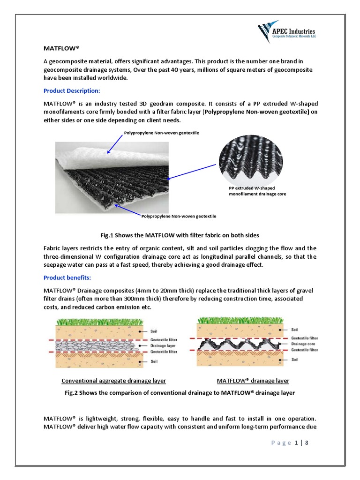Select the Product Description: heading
click(x=72, y=90)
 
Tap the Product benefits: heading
click(x=67, y=278)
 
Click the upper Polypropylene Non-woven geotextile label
click(x=161, y=133)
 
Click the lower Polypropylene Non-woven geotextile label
click(x=179, y=216)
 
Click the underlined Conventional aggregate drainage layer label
click(x=114, y=381)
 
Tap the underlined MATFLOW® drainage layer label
click(x=253, y=381)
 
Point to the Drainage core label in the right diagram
click(x=304, y=344)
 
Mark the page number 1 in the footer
click(x=297, y=442)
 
